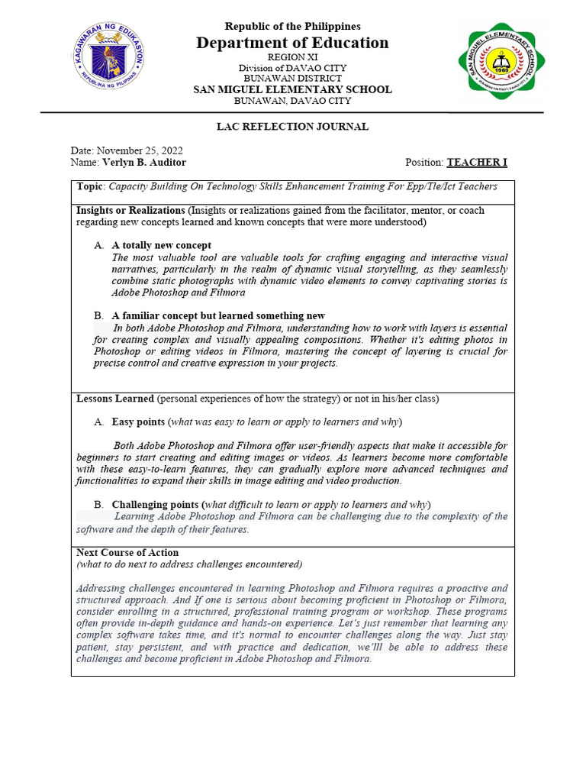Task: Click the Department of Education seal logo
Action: pos(109,57)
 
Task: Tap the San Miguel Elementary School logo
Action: pos(501,61)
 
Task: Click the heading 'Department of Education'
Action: pos(292,43)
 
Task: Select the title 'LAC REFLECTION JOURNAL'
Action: pos(292,127)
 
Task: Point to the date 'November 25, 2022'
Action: pos(140,150)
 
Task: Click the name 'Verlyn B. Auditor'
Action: pos(144,163)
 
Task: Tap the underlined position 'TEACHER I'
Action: pos(477,163)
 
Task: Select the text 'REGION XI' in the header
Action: pos(292,57)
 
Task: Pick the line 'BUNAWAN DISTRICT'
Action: pos(292,79)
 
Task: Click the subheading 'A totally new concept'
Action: pos(162,245)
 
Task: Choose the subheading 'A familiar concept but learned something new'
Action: pos(218,315)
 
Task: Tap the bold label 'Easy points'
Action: pos(138,422)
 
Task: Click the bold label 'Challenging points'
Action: pos(155,505)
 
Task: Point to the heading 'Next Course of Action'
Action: pos(127,552)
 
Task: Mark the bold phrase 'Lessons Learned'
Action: pos(115,399)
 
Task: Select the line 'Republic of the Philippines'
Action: pos(292,26)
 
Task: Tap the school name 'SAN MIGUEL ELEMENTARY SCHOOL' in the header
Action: pos(292,89)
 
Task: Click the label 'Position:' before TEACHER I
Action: pos(425,163)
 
